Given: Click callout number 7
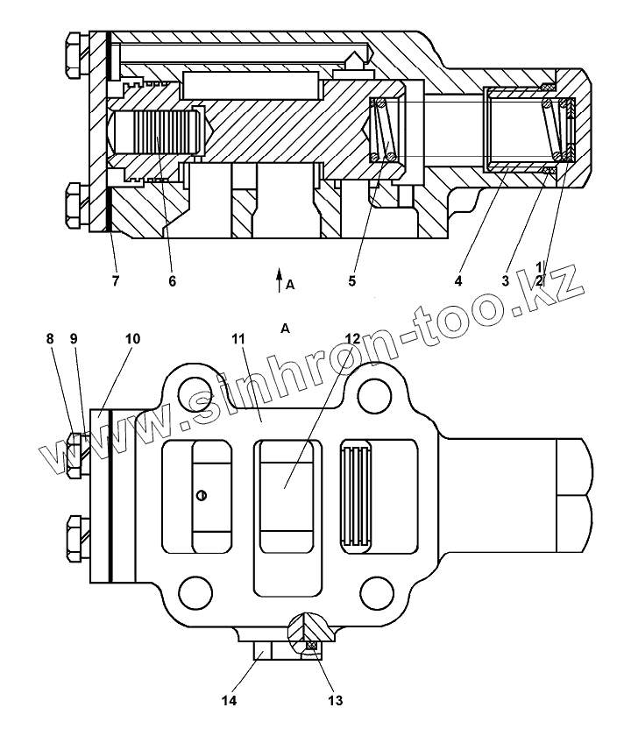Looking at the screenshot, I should coord(115,281).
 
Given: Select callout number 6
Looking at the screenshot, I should coord(172,281).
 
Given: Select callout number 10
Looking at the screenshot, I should coord(131,339).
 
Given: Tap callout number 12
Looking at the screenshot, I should coord(351,339).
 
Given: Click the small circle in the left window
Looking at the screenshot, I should coord(202,496).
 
